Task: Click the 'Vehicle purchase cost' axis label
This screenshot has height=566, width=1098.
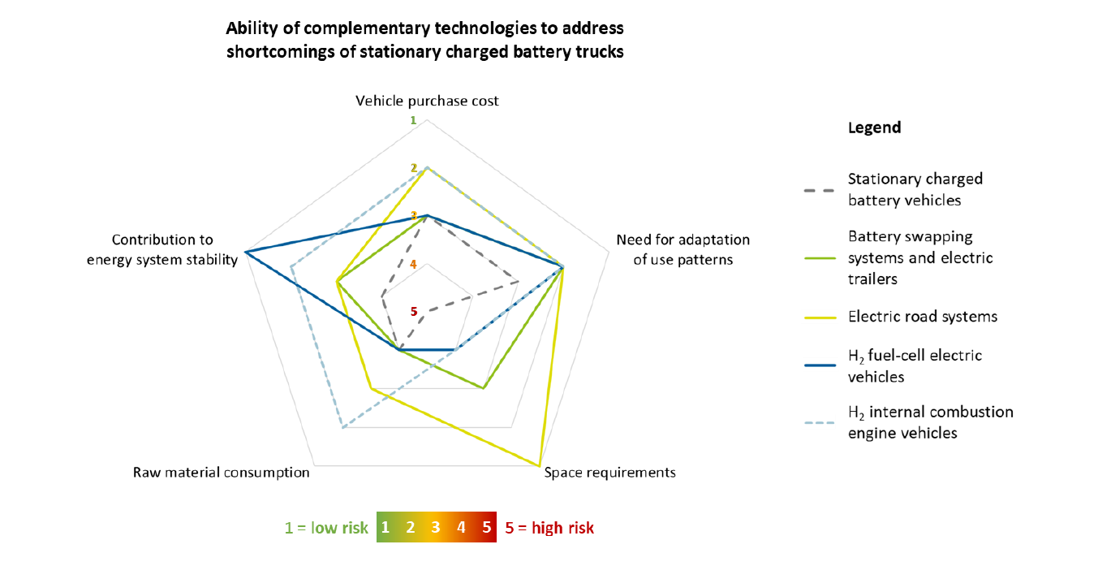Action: coord(427,102)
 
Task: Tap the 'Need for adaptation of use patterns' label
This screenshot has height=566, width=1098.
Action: coord(682,250)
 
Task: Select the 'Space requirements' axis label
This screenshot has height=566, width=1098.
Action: coord(609,473)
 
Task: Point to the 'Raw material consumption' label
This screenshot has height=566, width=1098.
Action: coord(221,473)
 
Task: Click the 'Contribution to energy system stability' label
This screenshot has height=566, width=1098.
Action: coord(162,250)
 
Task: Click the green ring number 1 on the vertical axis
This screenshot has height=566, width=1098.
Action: coord(413,120)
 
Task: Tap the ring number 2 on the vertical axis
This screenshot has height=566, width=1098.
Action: coord(414,168)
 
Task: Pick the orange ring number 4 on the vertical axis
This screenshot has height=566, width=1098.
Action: coord(413,265)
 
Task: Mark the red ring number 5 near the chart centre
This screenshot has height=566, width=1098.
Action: coord(414,312)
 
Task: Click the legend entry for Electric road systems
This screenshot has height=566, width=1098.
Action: coord(923,317)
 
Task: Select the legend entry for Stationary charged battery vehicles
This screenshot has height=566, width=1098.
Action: coord(915,189)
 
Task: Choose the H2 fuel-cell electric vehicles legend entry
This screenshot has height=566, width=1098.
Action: coord(915,366)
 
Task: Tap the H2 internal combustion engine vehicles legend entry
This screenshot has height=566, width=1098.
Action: coord(930,422)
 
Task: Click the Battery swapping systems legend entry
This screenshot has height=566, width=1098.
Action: coord(920,257)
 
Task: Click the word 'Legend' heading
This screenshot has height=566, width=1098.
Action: coord(874,128)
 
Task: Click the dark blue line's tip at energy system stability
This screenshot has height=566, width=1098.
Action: coord(245,251)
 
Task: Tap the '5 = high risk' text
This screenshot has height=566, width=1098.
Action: coord(549,529)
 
